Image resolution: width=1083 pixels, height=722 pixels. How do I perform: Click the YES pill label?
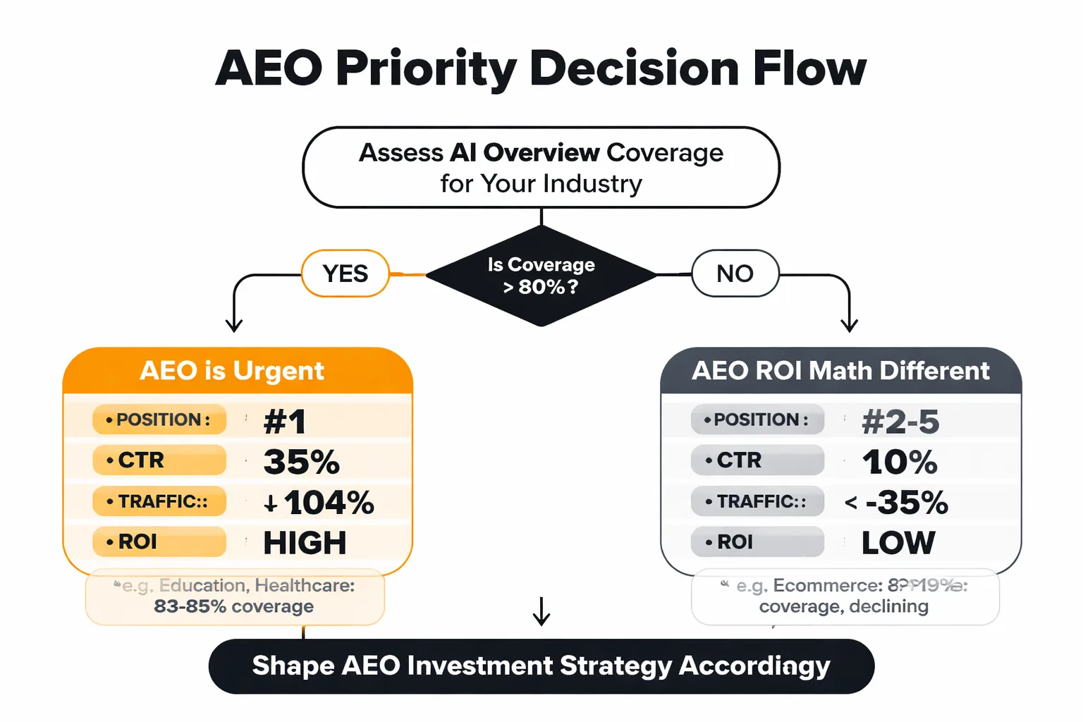tap(345, 274)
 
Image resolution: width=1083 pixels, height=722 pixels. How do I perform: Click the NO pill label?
tap(735, 274)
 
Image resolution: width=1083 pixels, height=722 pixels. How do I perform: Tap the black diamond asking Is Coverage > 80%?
tap(541, 276)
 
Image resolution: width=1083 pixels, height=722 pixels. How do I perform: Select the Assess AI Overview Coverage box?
tap(541, 168)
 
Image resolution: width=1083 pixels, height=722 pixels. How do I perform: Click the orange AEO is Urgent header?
tap(233, 371)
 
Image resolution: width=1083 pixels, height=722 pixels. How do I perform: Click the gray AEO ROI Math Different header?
tap(840, 371)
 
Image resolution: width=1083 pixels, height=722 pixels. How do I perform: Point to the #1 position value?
tap(285, 422)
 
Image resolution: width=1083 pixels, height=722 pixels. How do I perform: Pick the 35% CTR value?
tap(302, 462)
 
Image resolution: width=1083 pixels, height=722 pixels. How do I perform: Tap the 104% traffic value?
tap(329, 503)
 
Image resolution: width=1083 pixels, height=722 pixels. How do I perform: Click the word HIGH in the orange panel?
tap(305, 543)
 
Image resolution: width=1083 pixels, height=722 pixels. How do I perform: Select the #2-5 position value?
tap(900, 422)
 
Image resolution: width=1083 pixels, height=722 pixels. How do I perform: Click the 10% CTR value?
tap(900, 462)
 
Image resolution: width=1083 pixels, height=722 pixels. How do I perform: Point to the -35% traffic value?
tap(907, 503)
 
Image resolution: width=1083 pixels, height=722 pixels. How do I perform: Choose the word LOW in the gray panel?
tap(898, 543)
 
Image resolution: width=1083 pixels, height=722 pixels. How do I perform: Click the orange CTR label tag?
tap(159, 460)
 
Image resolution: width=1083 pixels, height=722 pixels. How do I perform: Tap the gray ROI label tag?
tap(757, 542)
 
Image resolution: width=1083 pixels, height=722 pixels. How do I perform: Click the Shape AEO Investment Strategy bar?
tap(541, 666)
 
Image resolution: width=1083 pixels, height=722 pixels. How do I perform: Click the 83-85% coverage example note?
tap(235, 596)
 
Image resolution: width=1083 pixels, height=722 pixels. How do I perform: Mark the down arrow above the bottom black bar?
tap(541, 611)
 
